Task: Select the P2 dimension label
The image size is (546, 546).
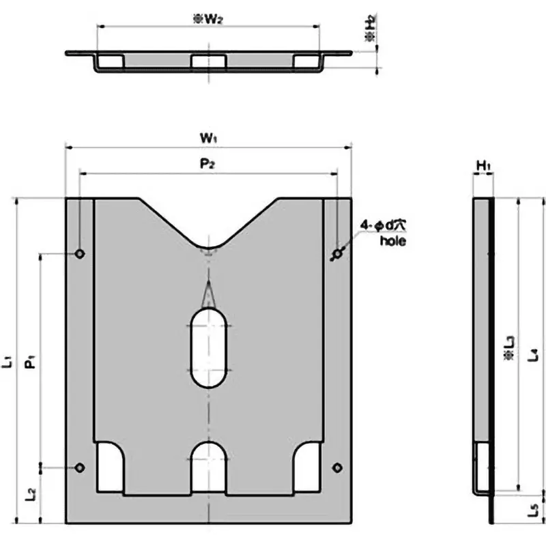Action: [x=208, y=165]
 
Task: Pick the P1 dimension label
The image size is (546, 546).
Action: [x=31, y=361]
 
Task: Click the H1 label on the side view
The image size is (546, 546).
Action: [x=483, y=165]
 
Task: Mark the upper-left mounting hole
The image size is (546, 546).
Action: [x=80, y=254]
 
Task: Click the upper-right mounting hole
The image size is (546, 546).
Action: [x=336, y=254]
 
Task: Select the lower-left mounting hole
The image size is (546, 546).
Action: [x=80, y=468]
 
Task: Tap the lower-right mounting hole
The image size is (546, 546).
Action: [x=336, y=468]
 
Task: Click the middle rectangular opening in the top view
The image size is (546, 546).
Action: [x=208, y=62]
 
